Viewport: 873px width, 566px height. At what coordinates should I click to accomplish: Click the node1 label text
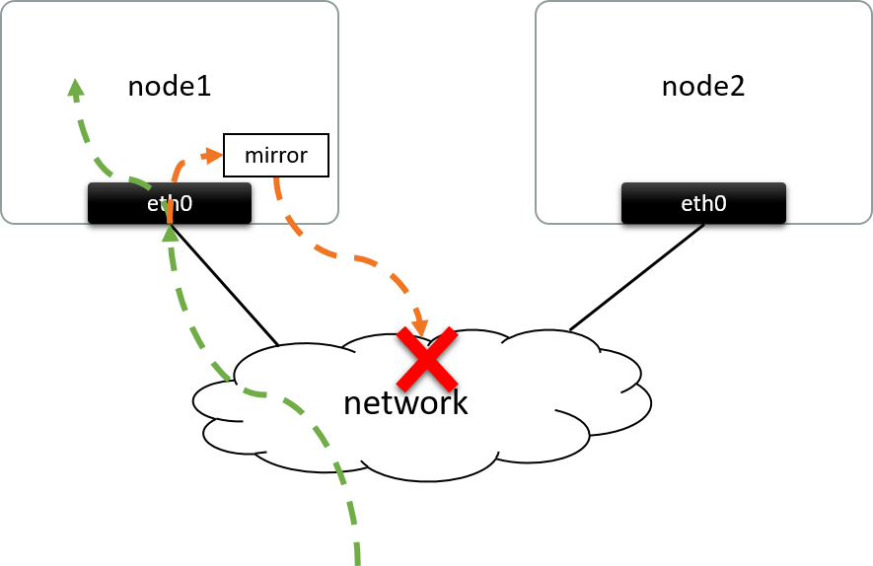click(x=170, y=87)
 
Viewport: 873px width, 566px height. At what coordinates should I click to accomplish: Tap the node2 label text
click(x=702, y=87)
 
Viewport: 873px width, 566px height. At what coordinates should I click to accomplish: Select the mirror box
click(x=275, y=155)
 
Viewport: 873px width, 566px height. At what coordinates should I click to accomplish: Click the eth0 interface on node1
click(x=170, y=203)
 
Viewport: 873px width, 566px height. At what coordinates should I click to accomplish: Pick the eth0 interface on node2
click(x=703, y=203)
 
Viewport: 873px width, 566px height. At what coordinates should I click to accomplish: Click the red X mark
click(x=426, y=360)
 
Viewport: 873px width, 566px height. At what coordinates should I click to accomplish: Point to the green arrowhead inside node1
click(x=75, y=89)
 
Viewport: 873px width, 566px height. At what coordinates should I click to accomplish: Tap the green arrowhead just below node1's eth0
click(x=171, y=233)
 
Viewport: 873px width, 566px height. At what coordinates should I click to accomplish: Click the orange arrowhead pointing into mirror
click(x=212, y=155)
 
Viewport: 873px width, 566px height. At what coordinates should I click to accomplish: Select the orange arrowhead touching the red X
click(x=421, y=326)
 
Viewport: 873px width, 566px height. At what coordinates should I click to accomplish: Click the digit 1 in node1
click(x=204, y=87)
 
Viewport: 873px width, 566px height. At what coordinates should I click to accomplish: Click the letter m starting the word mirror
click(x=254, y=156)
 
